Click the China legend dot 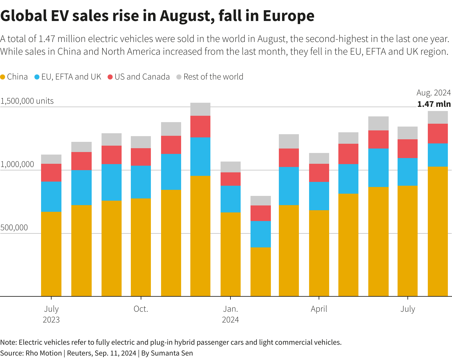(x=3, y=77)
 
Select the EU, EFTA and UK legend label (x=71, y=77)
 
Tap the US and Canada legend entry (x=142, y=77)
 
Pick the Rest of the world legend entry (x=213, y=77)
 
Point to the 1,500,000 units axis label (x=27, y=101)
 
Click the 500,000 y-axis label (x=14, y=228)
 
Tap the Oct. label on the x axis (x=141, y=309)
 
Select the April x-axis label (x=319, y=309)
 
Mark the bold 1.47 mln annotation (x=434, y=104)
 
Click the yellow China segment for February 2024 (x=260, y=272)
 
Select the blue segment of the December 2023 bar (x=200, y=156)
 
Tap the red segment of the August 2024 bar (x=438, y=134)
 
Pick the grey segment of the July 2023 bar (x=51, y=159)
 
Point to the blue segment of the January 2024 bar (x=230, y=199)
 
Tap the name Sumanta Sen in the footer (x=172, y=353)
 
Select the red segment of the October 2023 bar (x=141, y=157)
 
